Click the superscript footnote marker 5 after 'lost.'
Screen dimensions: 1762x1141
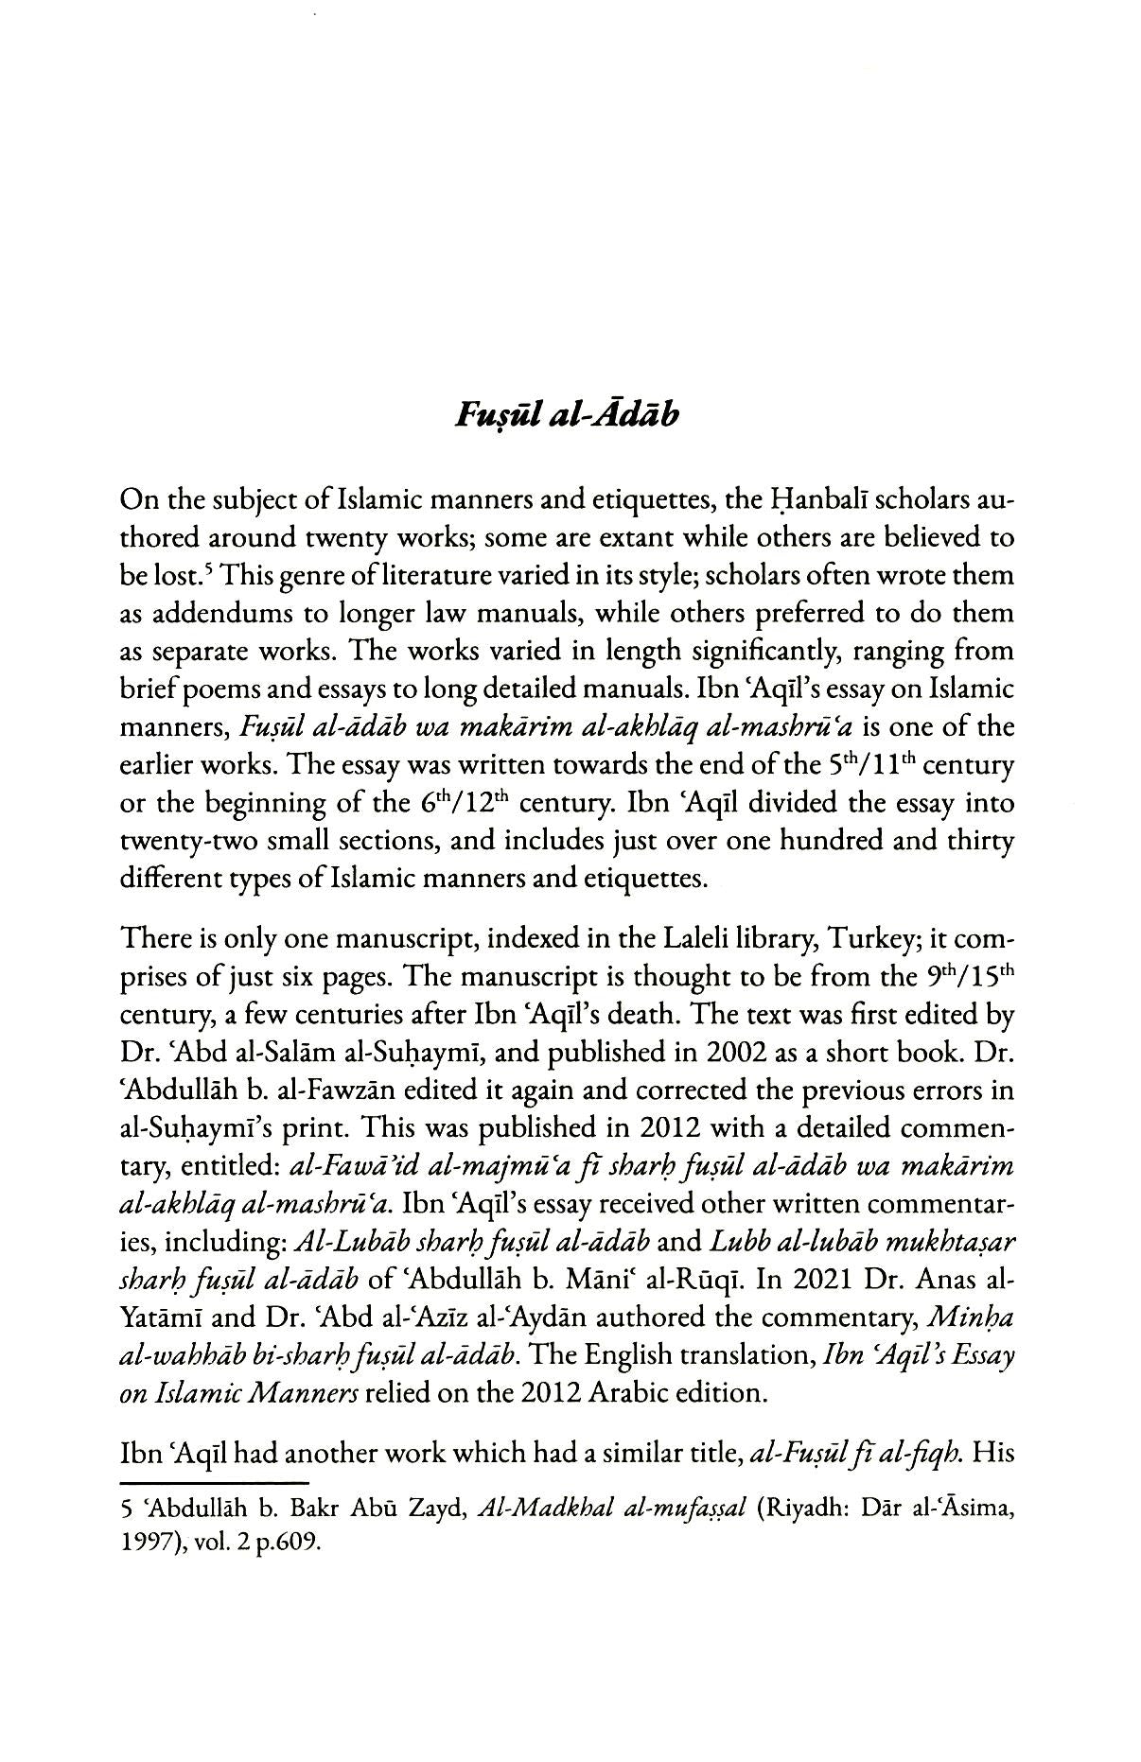pyautogui.click(x=193, y=570)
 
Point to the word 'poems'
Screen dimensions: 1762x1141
pyautogui.click(x=251, y=689)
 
